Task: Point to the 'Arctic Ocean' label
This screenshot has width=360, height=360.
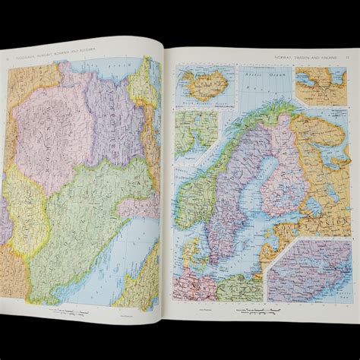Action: [x=257, y=78]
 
